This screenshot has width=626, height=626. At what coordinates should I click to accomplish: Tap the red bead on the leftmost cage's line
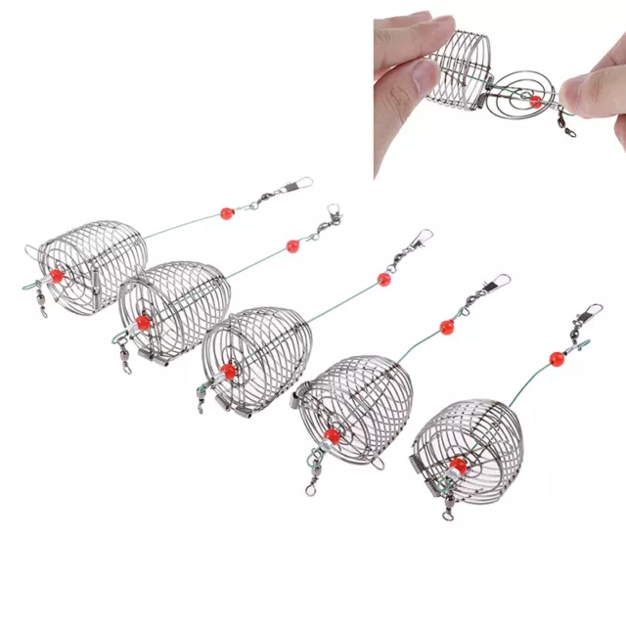pos(227,212)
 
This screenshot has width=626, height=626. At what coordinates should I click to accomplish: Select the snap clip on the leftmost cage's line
pos(293,186)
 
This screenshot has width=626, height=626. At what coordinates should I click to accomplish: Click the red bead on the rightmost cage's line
pos(558,358)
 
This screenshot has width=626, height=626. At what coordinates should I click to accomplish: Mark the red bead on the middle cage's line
pos(383,279)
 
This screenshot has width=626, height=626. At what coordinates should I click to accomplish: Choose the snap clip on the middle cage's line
pos(419,240)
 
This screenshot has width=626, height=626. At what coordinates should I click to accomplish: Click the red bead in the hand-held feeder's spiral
pos(535,101)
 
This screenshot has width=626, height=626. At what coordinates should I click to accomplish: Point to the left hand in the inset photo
pos(411,73)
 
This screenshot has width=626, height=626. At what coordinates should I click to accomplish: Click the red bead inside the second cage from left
pos(144,322)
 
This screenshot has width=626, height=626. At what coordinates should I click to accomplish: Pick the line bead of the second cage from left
pos(291,245)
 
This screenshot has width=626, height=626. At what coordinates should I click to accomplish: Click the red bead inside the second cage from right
pos(332,434)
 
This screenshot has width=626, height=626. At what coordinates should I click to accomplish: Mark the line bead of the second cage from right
pos(446,326)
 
